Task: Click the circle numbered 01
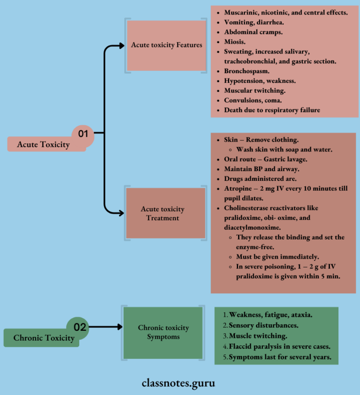83,134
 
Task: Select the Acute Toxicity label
43,144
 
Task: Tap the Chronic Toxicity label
44,338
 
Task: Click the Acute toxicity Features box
166,45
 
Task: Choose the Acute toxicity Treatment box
165,213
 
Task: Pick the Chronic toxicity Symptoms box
163,332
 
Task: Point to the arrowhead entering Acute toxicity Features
121,46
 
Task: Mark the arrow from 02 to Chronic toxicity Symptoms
105,327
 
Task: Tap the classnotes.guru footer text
179,383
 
